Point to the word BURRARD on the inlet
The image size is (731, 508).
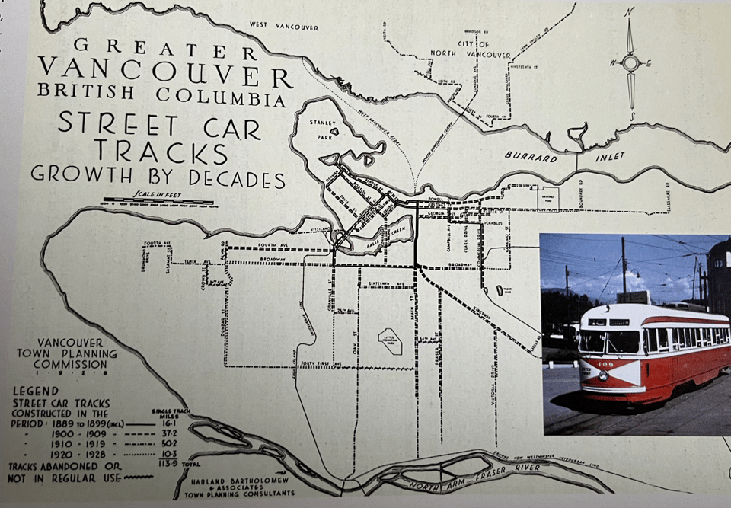click(531, 155)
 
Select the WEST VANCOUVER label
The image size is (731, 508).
click(284, 27)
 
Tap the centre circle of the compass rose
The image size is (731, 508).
click(630, 62)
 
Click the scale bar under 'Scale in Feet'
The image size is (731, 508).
click(160, 204)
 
